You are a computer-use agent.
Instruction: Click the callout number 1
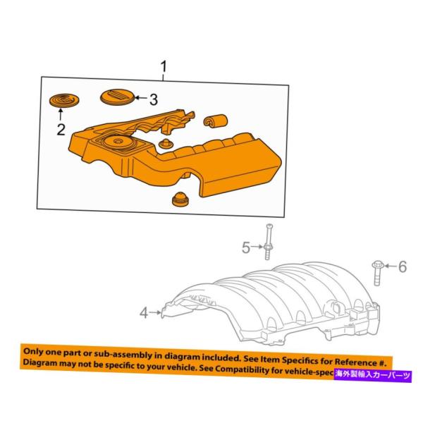164,68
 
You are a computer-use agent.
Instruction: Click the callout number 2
61,129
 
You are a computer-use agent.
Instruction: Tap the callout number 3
153,99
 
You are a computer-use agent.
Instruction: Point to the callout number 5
246,247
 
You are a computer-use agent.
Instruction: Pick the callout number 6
403,266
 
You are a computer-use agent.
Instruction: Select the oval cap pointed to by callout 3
116,96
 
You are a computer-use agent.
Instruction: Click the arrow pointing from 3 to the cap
139,99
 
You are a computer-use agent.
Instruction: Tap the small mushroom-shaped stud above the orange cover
166,145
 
